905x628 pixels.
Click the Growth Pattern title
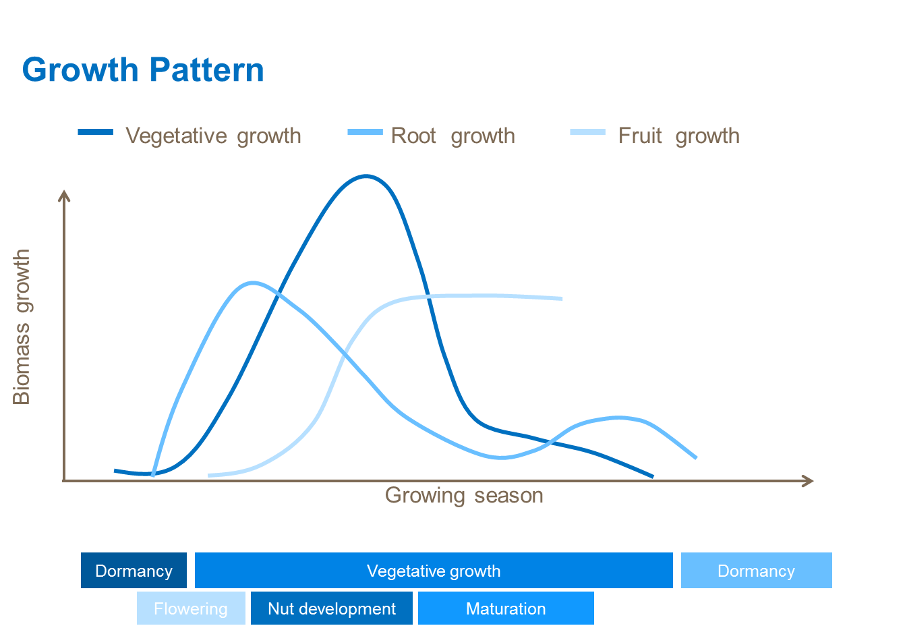[x=143, y=70]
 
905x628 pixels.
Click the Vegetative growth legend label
[x=213, y=136]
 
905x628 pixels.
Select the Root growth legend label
[x=453, y=136]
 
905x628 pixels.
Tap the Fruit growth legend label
[x=678, y=136]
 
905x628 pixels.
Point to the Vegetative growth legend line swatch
[x=95, y=132]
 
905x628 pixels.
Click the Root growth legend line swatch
[x=365, y=132]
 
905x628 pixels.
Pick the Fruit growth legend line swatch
[x=587, y=132]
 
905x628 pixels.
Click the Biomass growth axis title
[x=22, y=326]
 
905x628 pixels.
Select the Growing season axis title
[x=464, y=495]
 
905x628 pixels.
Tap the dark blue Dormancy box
[x=134, y=571]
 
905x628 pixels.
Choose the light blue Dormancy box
[x=756, y=571]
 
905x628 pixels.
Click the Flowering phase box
[x=191, y=608]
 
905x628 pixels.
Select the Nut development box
[x=331, y=608]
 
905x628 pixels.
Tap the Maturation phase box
[x=506, y=608]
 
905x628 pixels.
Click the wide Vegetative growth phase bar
[x=434, y=571]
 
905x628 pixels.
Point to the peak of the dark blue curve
[x=365, y=177]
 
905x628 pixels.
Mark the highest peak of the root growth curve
[x=252, y=283]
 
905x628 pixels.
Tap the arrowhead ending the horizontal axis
[x=809, y=481]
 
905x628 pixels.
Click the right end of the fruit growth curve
[x=560, y=298]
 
